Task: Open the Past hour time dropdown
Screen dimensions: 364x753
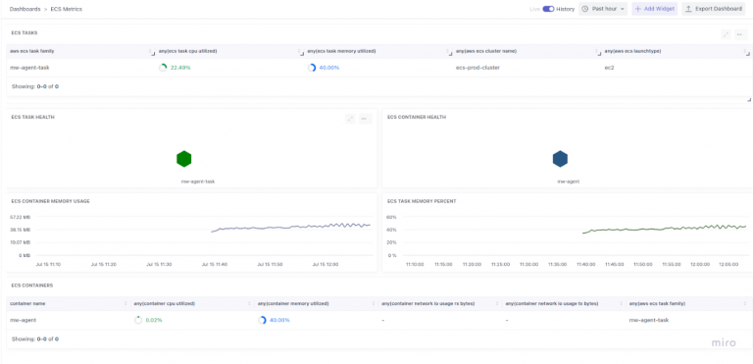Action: (603, 9)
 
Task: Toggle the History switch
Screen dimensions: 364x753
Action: (548, 9)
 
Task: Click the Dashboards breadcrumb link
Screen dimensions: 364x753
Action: (25, 9)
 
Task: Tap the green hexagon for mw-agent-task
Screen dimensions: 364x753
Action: (183, 159)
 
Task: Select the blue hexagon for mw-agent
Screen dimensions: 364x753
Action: (560, 159)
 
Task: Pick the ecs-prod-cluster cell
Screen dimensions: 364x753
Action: (477, 68)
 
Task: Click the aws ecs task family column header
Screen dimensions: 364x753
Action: (32, 51)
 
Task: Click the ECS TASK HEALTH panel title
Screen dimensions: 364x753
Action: (32, 117)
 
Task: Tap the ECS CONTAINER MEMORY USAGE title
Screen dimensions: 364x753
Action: (50, 201)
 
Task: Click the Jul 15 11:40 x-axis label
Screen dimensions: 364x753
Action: (214, 264)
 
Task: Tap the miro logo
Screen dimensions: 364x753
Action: (725, 342)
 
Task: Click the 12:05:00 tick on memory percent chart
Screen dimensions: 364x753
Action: (728, 264)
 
